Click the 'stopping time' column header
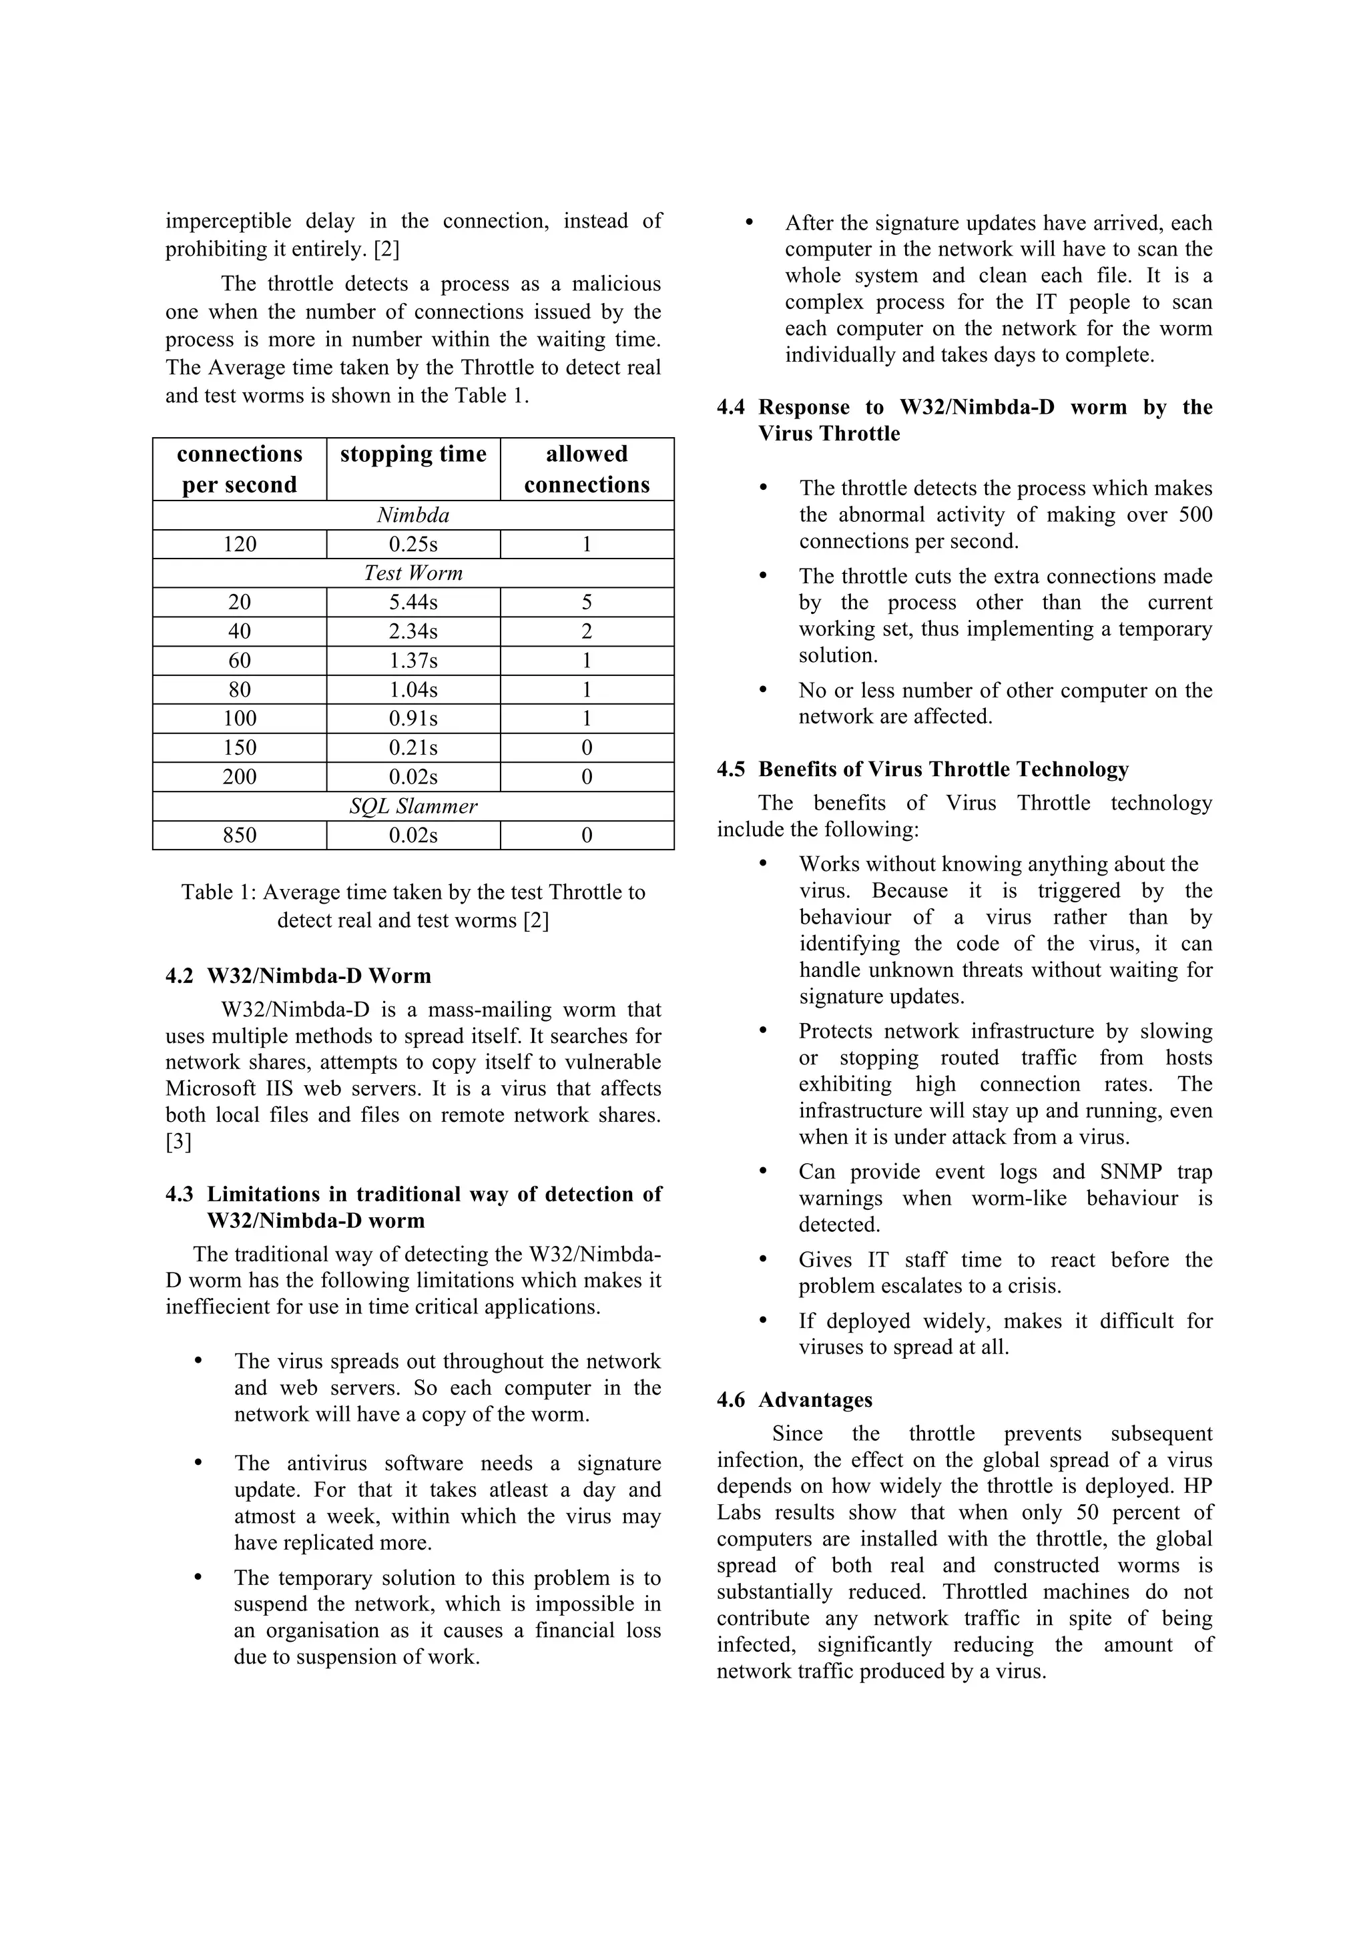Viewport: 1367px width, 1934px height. [x=413, y=455]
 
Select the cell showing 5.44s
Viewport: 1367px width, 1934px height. [x=413, y=602]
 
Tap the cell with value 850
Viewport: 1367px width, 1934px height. [x=239, y=835]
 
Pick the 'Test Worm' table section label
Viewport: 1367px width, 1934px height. [x=413, y=573]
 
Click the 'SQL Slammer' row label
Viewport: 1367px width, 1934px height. [x=413, y=806]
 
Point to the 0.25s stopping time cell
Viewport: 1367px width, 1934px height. [x=413, y=544]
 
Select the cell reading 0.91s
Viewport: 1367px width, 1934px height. [x=413, y=719]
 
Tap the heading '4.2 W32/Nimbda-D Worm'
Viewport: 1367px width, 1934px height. [x=298, y=976]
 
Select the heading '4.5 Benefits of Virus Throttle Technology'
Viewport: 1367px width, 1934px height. [x=922, y=768]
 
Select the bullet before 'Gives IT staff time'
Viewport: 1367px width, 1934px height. [x=763, y=1260]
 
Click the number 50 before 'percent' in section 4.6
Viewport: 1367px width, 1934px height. [x=1087, y=1512]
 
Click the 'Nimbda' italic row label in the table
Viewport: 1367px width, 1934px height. [x=413, y=515]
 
